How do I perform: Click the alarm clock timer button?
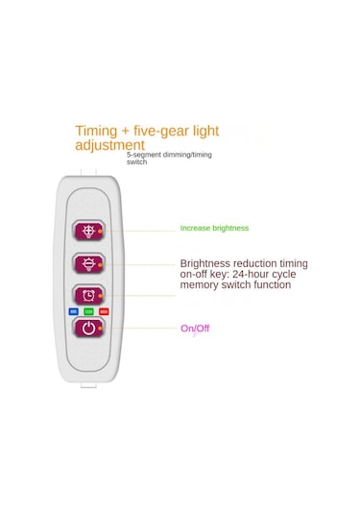tap(88, 295)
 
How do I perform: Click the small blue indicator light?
tap(73, 311)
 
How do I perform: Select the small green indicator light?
tap(88, 311)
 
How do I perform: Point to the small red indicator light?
tap(104, 311)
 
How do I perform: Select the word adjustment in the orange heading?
tap(109, 145)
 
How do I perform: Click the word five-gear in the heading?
tap(175, 131)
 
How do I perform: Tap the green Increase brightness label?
tap(214, 228)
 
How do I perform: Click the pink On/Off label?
tap(195, 329)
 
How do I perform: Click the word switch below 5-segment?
tap(137, 163)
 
